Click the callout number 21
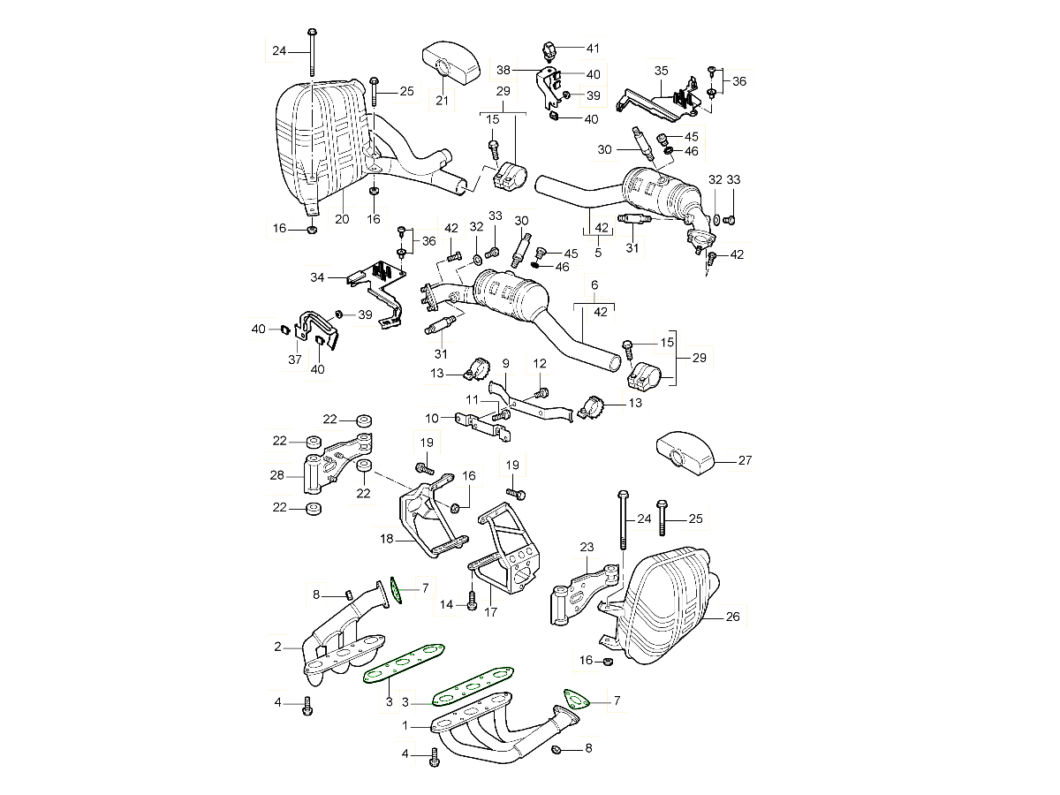[x=442, y=101]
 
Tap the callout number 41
[x=592, y=48]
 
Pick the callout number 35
[x=661, y=70]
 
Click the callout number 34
[x=318, y=278]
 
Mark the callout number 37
[x=295, y=360]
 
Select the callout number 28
[x=276, y=475]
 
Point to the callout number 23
[x=587, y=549]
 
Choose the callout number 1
[x=405, y=725]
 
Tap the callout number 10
[x=432, y=417]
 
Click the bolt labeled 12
[x=543, y=391]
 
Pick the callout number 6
[x=594, y=285]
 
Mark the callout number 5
[x=598, y=253]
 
